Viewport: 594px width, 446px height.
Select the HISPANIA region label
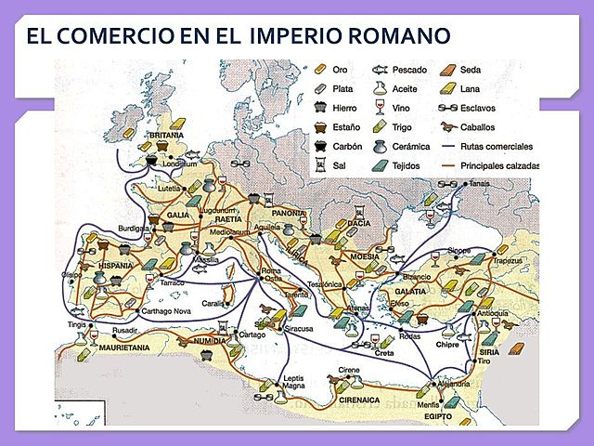[115, 266]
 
